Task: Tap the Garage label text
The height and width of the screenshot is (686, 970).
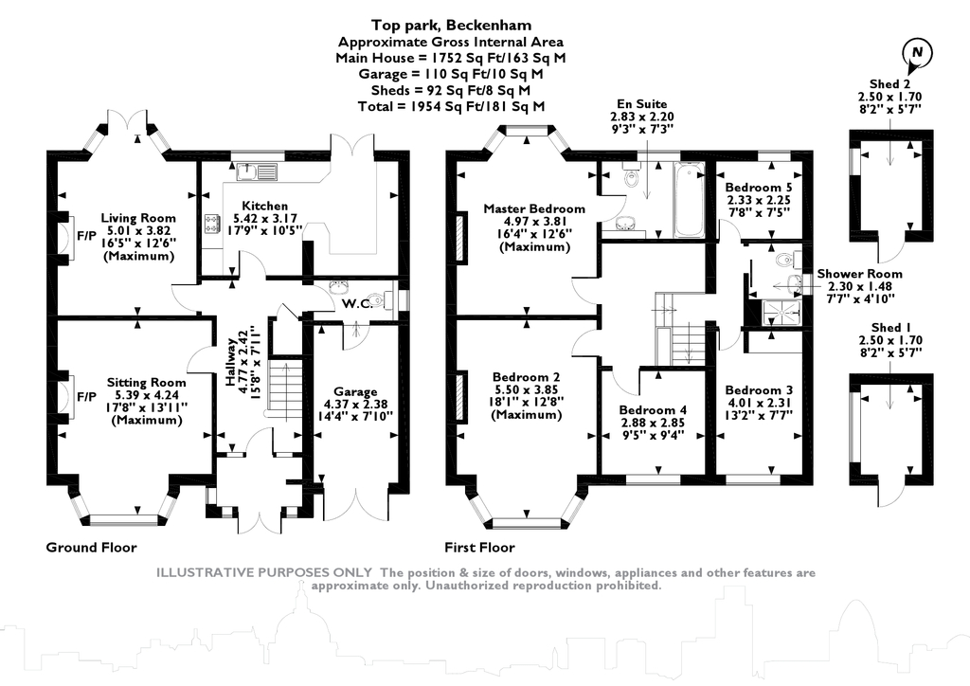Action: pyautogui.click(x=355, y=391)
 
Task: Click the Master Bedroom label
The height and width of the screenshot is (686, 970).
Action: pyautogui.click(x=533, y=208)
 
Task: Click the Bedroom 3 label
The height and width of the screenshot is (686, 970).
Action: pyautogui.click(x=758, y=390)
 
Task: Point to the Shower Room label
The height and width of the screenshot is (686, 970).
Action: pyautogui.click(x=860, y=274)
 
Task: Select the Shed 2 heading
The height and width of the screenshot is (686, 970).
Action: pyautogui.click(x=889, y=84)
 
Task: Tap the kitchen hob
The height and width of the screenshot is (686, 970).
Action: pyautogui.click(x=210, y=226)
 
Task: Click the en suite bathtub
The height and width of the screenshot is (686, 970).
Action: pyautogui.click(x=689, y=201)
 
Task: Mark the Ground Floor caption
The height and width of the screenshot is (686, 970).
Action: pyautogui.click(x=91, y=547)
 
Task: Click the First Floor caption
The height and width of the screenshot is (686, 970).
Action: pyautogui.click(x=479, y=547)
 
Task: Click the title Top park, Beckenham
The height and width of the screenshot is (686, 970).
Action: pyautogui.click(x=451, y=27)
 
